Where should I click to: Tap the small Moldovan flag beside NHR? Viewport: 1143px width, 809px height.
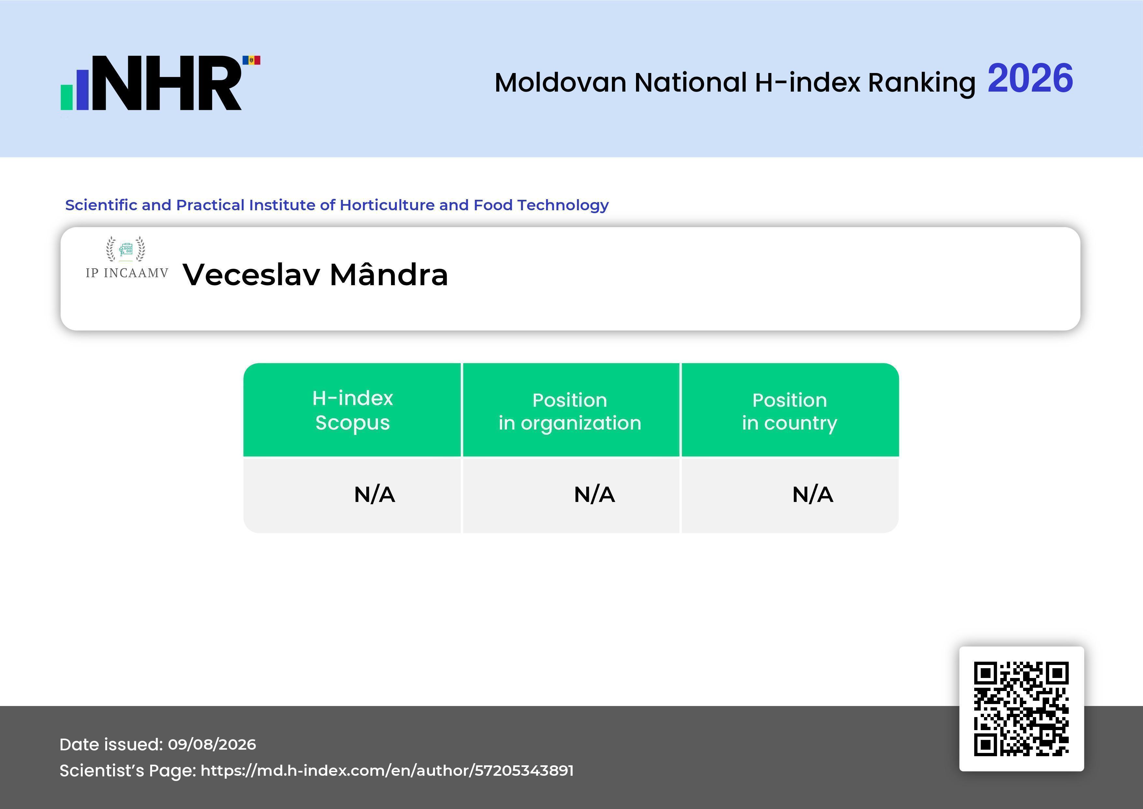(x=252, y=60)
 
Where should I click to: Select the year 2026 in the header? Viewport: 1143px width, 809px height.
(x=1030, y=78)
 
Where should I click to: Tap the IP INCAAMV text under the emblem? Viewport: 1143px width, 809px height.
(x=127, y=273)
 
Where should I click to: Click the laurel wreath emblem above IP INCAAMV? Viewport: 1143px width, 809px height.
(x=126, y=249)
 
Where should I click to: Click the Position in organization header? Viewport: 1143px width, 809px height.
(x=570, y=411)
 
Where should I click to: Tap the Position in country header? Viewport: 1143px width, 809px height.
(x=789, y=411)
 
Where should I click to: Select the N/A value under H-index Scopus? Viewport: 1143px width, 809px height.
(x=374, y=495)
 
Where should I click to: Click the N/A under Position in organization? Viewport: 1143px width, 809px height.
(x=594, y=495)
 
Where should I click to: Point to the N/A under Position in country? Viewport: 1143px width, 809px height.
(x=812, y=495)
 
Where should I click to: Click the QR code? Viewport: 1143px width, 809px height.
(x=1021, y=709)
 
